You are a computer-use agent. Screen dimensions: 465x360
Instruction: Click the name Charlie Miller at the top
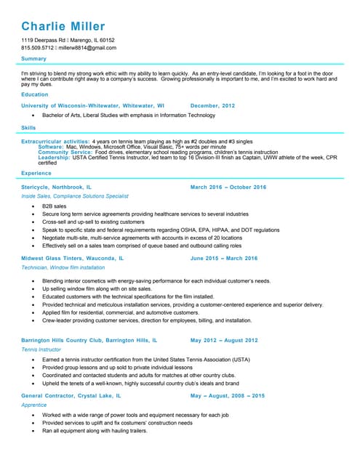(63, 27)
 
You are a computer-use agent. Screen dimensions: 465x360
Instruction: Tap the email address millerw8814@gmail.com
(87, 48)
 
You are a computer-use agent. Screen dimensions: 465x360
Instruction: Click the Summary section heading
(33, 59)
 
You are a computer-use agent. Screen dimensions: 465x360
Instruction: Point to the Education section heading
(35, 94)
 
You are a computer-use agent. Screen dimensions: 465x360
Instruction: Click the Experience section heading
(36, 174)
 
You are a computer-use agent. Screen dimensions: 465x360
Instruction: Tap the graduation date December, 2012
(212, 105)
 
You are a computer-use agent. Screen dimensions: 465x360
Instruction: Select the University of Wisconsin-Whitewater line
(93, 105)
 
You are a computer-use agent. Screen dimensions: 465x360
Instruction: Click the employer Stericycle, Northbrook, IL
(57, 187)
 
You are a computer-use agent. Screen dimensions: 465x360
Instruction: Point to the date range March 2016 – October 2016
(228, 187)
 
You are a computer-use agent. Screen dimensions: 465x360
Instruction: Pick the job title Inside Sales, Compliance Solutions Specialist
(75, 196)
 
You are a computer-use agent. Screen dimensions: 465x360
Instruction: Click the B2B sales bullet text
(54, 206)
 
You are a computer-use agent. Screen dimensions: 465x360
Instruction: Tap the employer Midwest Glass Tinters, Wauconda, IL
(73, 258)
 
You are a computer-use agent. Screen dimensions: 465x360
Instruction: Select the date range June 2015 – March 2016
(223, 258)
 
